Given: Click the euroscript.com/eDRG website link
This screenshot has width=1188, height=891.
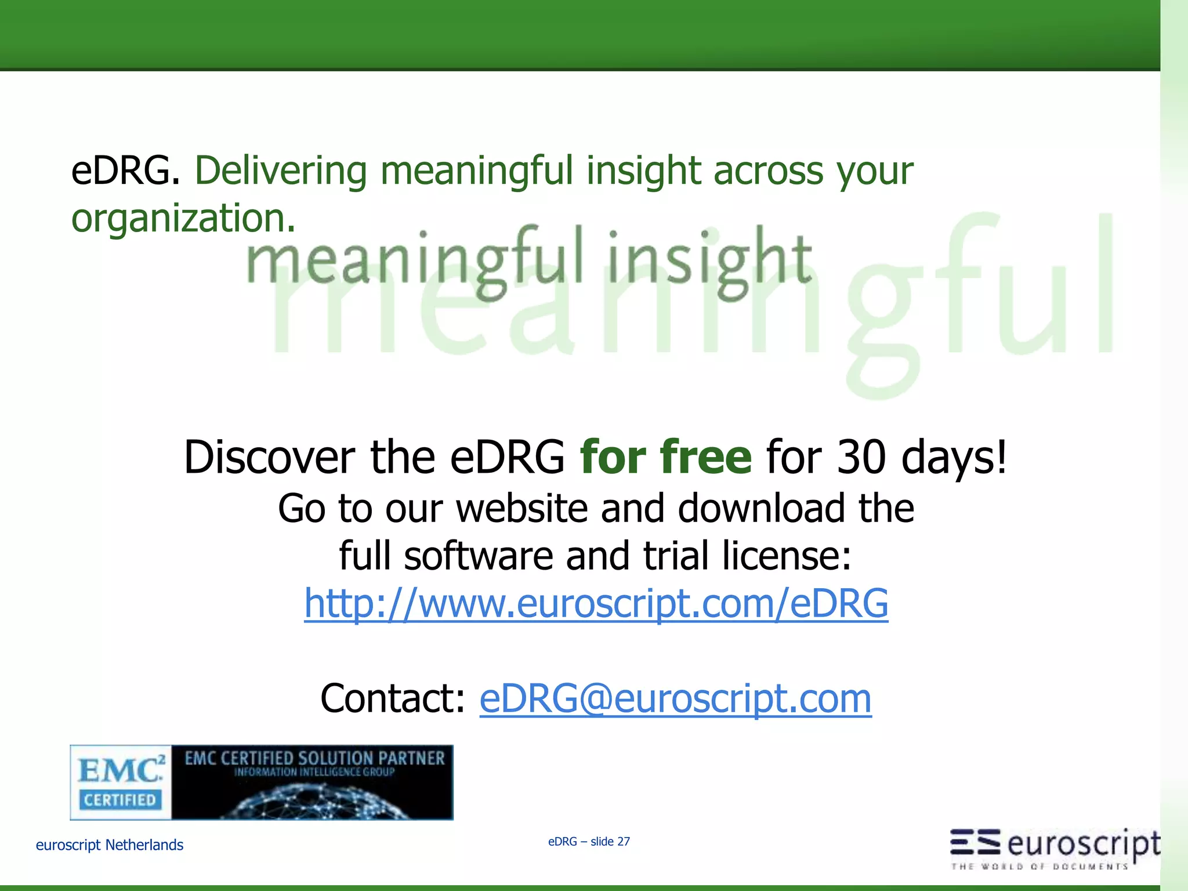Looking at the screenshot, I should pyautogui.click(x=596, y=603).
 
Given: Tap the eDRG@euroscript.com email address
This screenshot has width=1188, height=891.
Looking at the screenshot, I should pyautogui.click(x=675, y=698).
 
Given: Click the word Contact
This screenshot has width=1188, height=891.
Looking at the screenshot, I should pyautogui.click(x=393, y=698).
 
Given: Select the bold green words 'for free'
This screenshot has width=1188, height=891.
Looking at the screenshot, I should pyautogui.click(x=666, y=457).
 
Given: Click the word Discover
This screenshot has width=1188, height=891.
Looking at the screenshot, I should pyautogui.click(x=269, y=457).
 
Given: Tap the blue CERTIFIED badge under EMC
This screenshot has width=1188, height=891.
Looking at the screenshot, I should pyautogui.click(x=120, y=800).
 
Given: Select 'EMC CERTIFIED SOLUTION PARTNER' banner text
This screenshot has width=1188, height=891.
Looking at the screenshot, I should pyautogui.click(x=314, y=758).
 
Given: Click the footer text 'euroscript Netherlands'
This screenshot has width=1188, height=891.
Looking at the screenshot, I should pyautogui.click(x=110, y=845).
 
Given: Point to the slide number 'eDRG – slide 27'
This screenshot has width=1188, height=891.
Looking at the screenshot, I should pyautogui.click(x=589, y=842).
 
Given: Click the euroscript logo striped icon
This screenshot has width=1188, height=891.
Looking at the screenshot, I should pyautogui.click(x=975, y=842).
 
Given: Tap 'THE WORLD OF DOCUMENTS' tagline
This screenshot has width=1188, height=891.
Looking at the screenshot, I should pyautogui.click(x=1038, y=867).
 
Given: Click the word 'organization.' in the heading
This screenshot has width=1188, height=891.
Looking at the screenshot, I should pyautogui.click(x=183, y=218).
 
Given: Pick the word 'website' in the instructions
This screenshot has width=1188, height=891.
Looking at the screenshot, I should pyautogui.click(x=521, y=508).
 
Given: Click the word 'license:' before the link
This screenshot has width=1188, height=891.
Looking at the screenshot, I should pyautogui.click(x=787, y=556).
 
